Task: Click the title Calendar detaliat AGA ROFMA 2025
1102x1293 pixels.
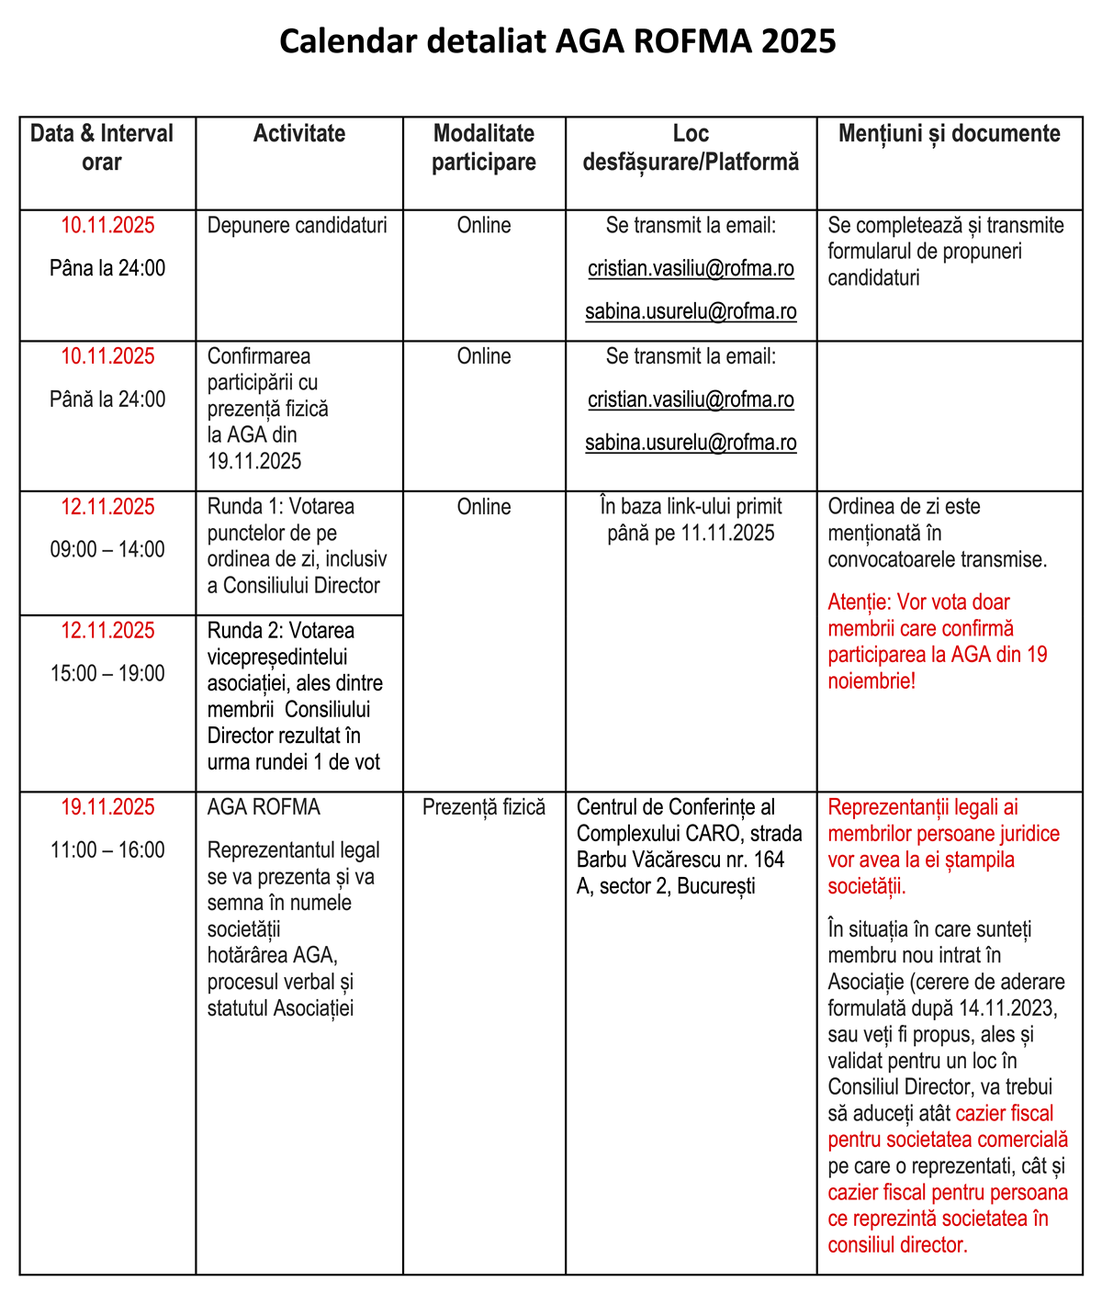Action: click(x=557, y=41)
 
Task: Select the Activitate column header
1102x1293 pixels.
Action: click(x=299, y=134)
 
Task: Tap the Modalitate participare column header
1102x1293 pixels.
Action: click(x=484, y=148)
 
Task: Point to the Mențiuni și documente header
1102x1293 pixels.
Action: click(x=949, y=134)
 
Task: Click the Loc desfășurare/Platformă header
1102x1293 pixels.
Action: click(x=691, y=148)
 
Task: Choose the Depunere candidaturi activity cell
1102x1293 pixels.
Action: click(x=297, y=226)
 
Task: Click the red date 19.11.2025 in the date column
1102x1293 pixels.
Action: click(x=108, y=808)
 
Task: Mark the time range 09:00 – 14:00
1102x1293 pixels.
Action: click(x=107, y=550)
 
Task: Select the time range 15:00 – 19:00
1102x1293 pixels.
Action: click(x=107, y=674)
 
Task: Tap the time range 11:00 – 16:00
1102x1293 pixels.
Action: click(x=107, y=850)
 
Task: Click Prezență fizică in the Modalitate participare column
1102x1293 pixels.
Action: click(x=484, y=808)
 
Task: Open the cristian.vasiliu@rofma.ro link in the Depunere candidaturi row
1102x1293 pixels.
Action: click(x=691, y=270)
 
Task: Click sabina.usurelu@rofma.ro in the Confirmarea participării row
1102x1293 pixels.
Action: click(x=691, y=443)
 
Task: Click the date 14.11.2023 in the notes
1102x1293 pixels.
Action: click(x=1007, y=1007)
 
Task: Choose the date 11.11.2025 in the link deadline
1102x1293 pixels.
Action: click(x=727, y=534)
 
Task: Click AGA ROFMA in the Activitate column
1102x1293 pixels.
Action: click(x=264, y=808)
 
